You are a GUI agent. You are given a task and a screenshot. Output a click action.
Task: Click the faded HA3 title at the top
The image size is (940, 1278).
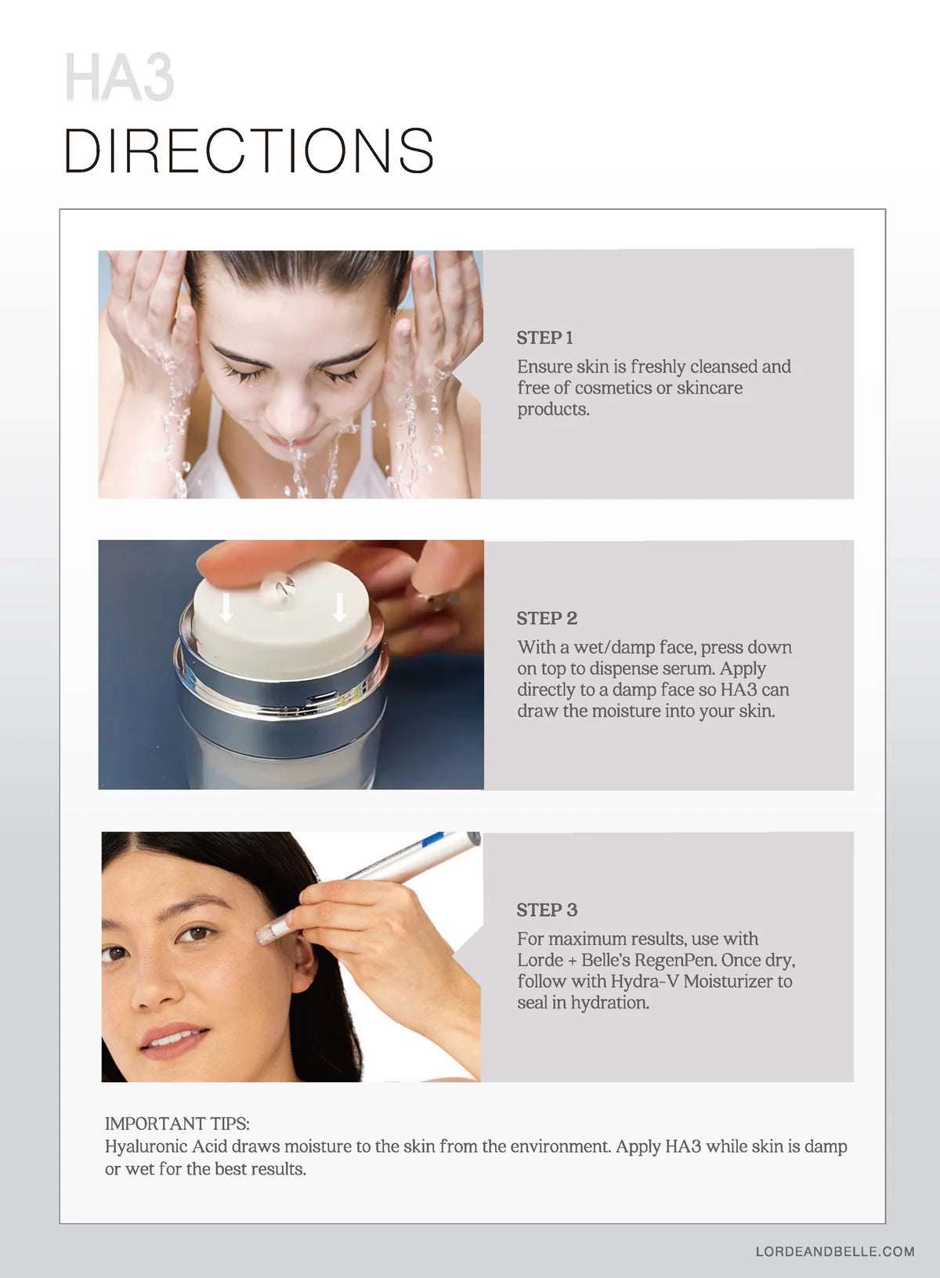[x=120, y=77]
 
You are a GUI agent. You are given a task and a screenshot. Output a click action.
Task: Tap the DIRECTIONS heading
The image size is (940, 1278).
[x=249, y=150]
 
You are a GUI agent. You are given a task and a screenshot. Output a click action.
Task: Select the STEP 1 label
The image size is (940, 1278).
[x=544, y=338]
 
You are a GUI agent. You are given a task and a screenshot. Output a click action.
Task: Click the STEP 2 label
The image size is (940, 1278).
[x=547, y=618]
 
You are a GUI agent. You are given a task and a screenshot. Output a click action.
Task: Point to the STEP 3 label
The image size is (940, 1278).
[x=547, y=910]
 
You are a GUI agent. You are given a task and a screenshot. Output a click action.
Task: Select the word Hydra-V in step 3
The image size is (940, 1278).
[x=645, y=981]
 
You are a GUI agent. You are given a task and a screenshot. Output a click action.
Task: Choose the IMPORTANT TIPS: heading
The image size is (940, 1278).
[x=177, y=1124]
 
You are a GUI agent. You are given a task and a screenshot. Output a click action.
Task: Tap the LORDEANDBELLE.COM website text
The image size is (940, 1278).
[x=835, y=1251]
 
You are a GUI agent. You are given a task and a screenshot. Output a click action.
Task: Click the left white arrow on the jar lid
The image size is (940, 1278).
[x=226, y=606]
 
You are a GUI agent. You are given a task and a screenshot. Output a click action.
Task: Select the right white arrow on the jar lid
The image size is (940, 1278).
[x=340, y=606]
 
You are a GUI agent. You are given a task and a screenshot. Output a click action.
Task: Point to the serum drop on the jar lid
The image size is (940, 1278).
[x=278, y=588]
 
